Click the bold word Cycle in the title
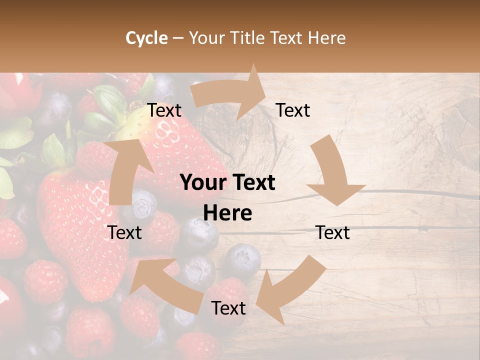146,38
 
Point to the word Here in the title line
327,38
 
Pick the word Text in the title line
287,38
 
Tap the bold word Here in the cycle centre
227,213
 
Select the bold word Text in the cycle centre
252,183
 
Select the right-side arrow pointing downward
332,172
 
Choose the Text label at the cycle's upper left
164,110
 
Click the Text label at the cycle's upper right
293,110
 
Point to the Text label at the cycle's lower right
332,232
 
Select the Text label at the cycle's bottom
228,308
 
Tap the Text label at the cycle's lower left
124,232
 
